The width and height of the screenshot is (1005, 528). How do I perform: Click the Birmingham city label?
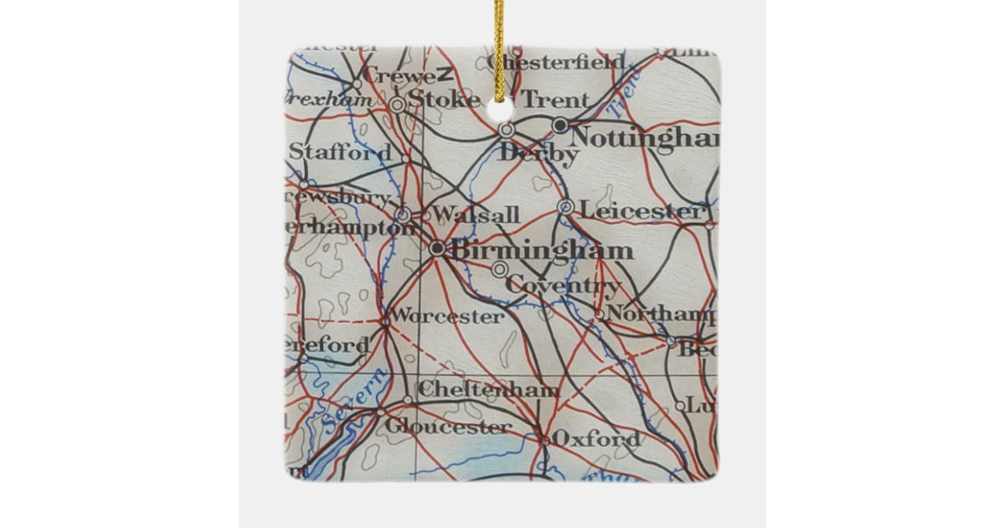pos(541,250)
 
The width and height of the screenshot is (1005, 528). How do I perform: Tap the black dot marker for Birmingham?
pos(437,248)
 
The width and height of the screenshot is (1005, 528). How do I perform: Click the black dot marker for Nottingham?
pos(560,126)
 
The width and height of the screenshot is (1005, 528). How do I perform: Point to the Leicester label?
pos(640,211)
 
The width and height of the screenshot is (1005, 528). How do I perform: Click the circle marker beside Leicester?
pos(565,206)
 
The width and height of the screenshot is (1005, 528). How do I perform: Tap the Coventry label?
pos(563,286)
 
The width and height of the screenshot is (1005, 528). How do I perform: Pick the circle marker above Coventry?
pos(499,269)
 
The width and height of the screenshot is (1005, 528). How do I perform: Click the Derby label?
pos(538,155)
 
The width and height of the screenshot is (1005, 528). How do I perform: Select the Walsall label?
pos(475,215)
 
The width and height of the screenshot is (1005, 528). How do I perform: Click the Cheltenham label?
pos(487,390)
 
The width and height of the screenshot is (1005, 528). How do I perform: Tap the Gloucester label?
pos(447,427)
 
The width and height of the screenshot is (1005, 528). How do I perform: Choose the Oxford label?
pos(596,438)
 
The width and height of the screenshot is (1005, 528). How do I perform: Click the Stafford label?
pos(339,153)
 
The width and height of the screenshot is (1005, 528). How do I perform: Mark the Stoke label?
pos(446,100)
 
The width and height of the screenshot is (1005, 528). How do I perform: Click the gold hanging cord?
pos(499,34)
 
